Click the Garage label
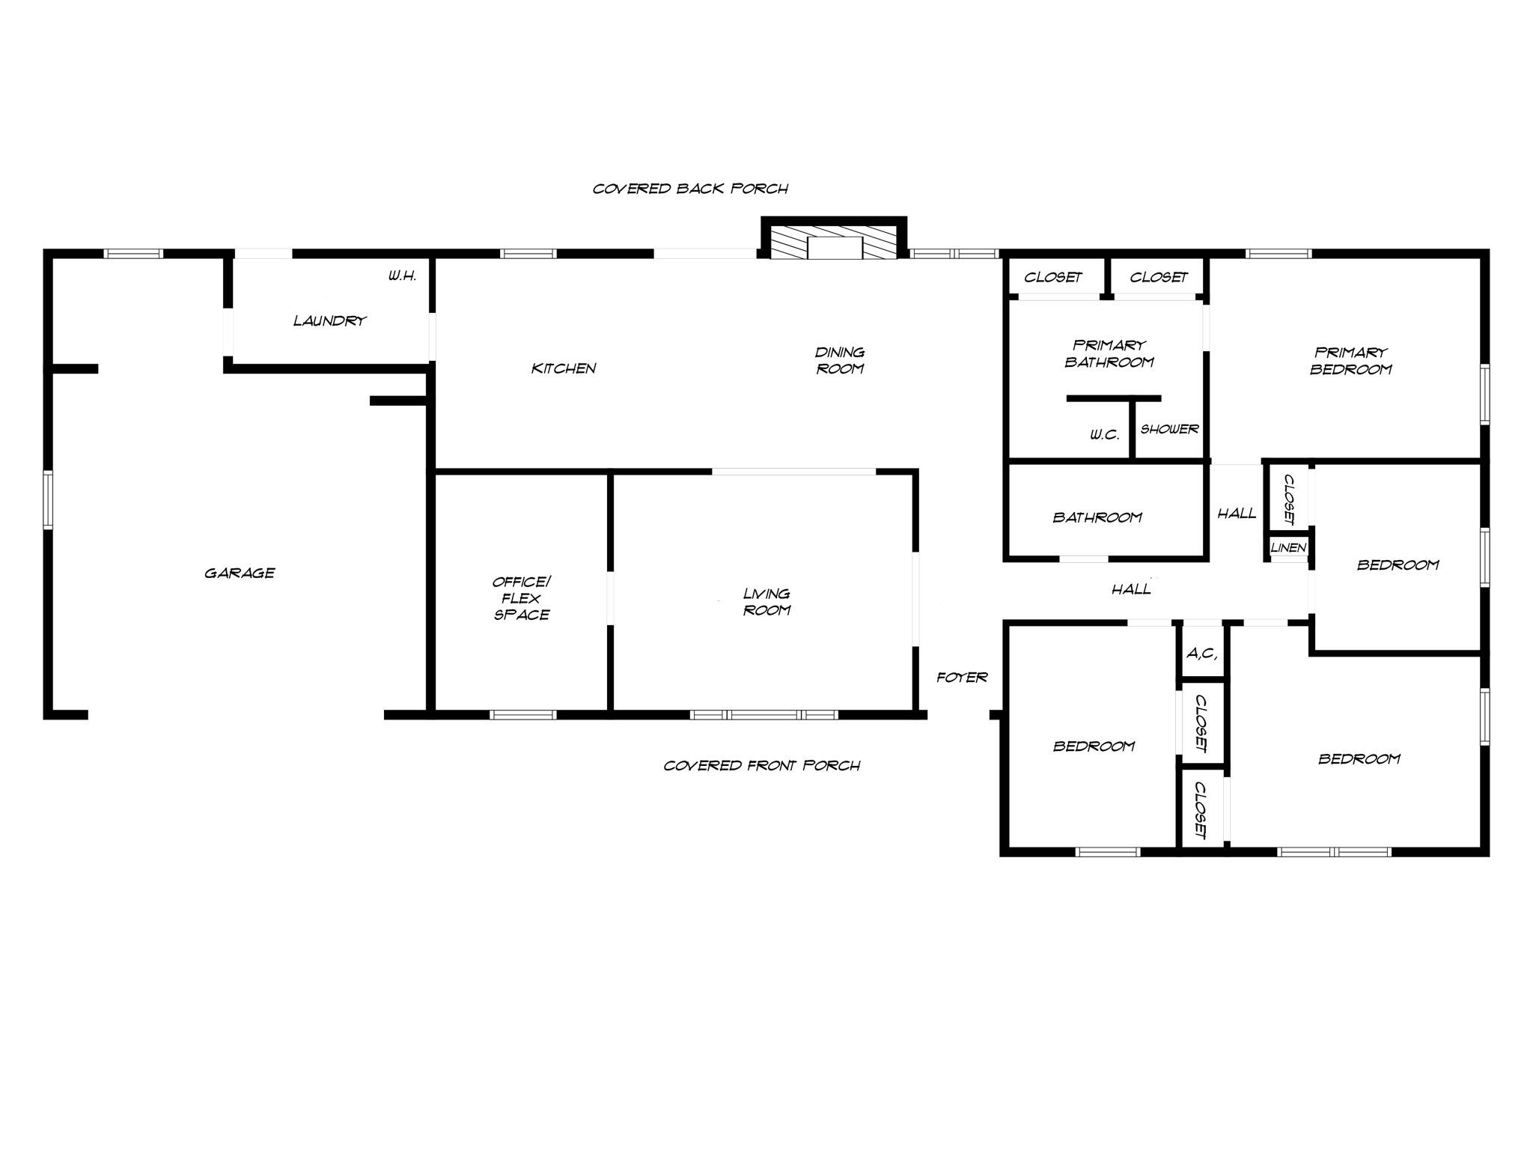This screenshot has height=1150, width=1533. [240, 574]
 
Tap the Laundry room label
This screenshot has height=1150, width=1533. [329, 321]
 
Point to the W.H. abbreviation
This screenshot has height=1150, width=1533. [402, 276]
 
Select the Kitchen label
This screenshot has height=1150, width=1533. [564, 368]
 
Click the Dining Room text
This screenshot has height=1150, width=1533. [840, 360]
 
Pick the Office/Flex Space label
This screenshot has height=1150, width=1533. [522, 598]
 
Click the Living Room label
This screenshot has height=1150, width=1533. [766, 602]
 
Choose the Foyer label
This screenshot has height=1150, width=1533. [962, 678]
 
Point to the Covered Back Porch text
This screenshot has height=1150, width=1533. [690, 189]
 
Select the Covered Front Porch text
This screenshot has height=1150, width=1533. [761, 766]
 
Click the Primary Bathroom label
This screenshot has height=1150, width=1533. [1109, 354]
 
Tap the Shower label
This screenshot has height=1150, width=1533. [1169, 430]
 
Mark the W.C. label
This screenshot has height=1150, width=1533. [1104, 435]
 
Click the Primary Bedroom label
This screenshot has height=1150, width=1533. [1350, 361]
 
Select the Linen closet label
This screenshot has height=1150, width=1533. [1288, 548]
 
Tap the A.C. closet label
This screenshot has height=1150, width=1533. [1201, 654]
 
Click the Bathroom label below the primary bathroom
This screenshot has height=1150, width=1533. [1097, 517]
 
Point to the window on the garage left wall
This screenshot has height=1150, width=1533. [48, 499]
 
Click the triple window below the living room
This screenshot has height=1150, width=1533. [764, 715]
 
